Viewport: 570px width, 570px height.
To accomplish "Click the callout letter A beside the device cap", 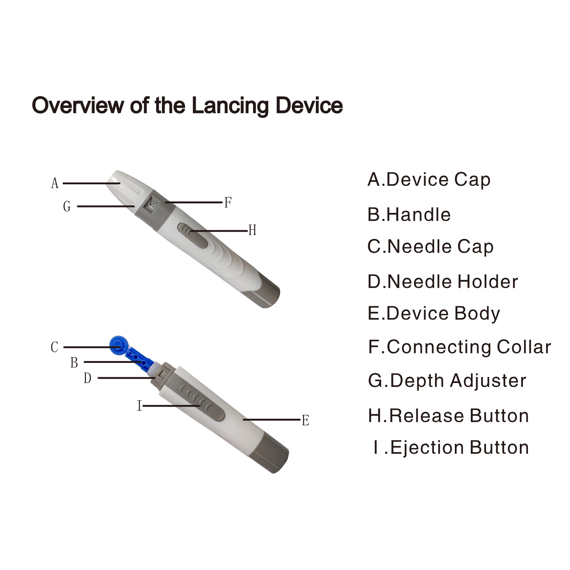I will pyautogui.click(x=55, y=184).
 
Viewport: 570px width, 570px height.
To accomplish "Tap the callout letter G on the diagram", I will pyautogui.click(x=67, y=206).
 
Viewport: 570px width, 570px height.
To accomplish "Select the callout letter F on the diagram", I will pyautogui.click(x=228, y=203).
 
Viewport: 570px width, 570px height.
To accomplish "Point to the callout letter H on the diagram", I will pyautogui.click(x=252, y=230).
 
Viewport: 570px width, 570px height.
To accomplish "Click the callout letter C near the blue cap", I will pyautogui.click(x=55, y=347).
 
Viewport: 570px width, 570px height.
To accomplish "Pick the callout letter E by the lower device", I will pyautogui.click(x=306, y=421).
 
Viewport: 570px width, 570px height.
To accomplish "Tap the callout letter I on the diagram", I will pyautogui.click(x=139, y=406).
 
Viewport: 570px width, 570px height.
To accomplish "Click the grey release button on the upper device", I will pyautogui.click(x=193, y=236).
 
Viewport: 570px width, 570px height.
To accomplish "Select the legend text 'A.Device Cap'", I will pyautogui.click(x=429, y=180).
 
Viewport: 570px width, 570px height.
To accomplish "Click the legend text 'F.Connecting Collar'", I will pyautogui.click(x=459, y=347).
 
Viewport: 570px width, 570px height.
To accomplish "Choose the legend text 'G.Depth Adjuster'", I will pyautogui.click(x=447, y=381).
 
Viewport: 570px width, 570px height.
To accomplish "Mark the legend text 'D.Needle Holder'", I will pyautogui.click(x=443, y=282).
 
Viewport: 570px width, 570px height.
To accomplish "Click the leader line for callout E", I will pyautogui.click(x=272, y=420).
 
